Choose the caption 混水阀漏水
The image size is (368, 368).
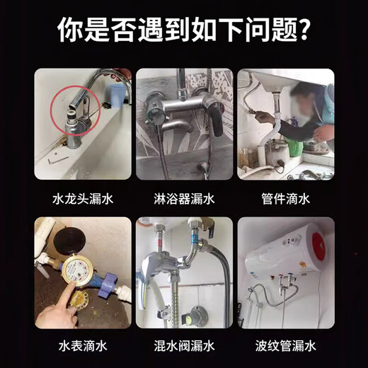pyautogui.click(x=184, y=347)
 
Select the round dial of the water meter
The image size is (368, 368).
pyautogui.click(x=76, y=272)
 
